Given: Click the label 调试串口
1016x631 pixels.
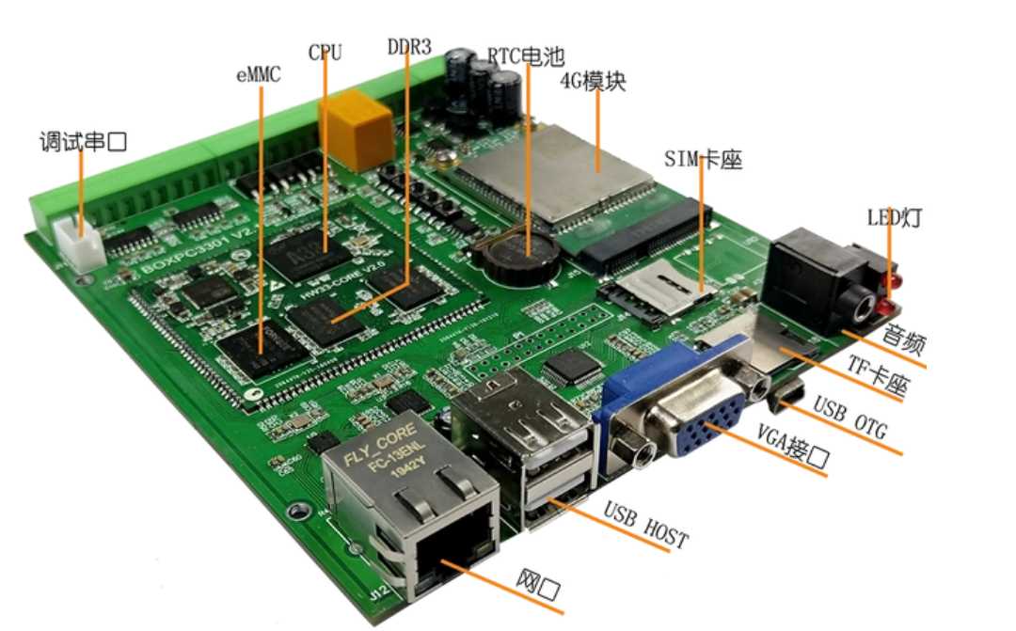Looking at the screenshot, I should click(83, 143).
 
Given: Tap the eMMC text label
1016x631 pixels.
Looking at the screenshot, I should click(258, 74).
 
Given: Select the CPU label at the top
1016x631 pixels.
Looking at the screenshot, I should click(325, 52).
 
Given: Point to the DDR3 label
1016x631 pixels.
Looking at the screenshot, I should click(408, 46).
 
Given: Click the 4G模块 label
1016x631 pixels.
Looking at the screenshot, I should click(593, 82).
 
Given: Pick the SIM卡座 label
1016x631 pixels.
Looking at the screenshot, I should click(703, 160).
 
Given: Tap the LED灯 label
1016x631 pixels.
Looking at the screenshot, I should click(893, 219).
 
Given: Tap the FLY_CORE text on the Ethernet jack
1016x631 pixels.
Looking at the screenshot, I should click(373, 462).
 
